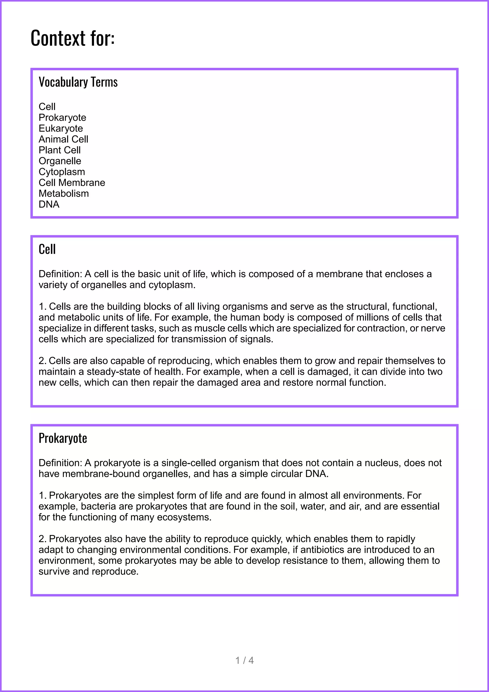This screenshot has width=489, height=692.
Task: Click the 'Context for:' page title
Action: click(73, 38)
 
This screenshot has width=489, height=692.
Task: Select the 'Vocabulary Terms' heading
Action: click(78, 82)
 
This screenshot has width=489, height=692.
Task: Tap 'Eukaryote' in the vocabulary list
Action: click(61, 128)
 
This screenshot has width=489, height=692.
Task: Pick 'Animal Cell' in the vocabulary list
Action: click(63, 139)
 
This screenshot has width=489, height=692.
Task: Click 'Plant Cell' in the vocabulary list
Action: click(60, 150)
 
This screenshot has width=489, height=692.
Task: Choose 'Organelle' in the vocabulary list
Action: click(60, 161)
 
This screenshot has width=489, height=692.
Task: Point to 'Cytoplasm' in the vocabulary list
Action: click(62, 172)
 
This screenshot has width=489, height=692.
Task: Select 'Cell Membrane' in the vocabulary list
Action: click(72, 183)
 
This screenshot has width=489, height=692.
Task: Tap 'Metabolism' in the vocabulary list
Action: click(64, 194)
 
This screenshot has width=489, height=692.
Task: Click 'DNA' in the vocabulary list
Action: click(49, 204)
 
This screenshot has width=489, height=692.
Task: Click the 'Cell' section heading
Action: click(47, 249)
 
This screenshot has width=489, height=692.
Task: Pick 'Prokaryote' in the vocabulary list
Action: click(62, 118)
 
